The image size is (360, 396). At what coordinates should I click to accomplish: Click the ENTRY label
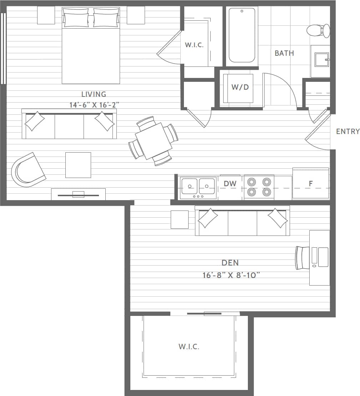[347, 132]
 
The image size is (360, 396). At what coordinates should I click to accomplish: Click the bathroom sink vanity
[320, 61]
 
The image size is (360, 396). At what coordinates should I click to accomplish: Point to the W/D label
[240, 87]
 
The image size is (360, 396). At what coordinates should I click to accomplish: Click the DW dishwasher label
[230, 184]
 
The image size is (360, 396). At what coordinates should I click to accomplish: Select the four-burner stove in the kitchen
[259, 187]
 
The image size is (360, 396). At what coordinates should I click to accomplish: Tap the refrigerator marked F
[311, 184]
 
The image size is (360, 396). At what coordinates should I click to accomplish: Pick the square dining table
[154, 141]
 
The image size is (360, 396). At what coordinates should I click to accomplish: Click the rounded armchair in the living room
[28, 170]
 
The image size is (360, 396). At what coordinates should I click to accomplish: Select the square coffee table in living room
[78, 165]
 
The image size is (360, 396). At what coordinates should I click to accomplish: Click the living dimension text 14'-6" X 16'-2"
[94, 105]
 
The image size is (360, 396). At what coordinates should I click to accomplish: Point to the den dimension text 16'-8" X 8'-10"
[230, 275]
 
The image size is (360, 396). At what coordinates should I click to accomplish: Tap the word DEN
[230, 263]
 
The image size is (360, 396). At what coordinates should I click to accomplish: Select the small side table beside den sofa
[179, 219]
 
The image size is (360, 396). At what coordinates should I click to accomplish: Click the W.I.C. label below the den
[189, 346]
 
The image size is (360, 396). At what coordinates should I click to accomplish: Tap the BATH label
[284, 53]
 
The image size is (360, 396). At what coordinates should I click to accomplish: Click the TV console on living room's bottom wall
[78, 194]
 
